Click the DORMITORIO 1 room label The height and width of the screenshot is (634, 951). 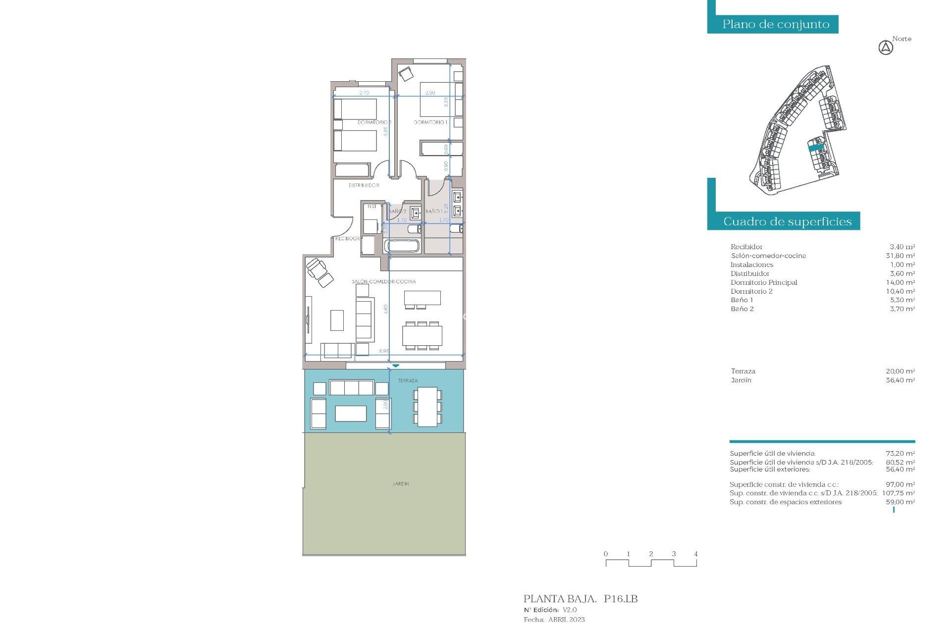[x=430, y=122]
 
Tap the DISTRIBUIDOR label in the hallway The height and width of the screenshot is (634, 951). [x=364, y=185]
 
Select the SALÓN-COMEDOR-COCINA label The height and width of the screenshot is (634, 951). [x=384, y=281]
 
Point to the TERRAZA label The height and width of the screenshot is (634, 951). [x=408, y=380]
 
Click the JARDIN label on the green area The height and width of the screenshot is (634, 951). [x=401, y=483]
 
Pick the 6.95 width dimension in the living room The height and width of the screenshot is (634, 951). [x=384, y=351]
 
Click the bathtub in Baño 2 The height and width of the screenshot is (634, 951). [x=402, y=246]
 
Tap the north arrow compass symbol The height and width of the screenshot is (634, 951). [x=886, y=48]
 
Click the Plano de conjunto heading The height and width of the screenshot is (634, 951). [x=776, y=24]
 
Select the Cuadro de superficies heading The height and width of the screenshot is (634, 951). [x=787, y=221]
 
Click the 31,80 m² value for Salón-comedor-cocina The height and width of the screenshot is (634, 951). [x=900, y=256]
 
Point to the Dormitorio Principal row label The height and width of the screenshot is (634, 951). [x=764, y=282]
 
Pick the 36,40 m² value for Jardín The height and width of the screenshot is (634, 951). [x=900, y=380]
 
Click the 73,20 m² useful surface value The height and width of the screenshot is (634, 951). [x=900, y=453]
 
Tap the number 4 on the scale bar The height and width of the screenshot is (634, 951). [x=696, y=554]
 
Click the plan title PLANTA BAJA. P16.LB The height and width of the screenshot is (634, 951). [x=581, y=599]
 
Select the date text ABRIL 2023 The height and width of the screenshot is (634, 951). [x=566, y=620]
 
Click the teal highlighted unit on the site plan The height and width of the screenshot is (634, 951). [x=816, y=147]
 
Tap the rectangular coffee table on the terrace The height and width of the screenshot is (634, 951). [x=351, y=413]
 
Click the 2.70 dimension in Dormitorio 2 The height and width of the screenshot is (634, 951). [x=364, y=93]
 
